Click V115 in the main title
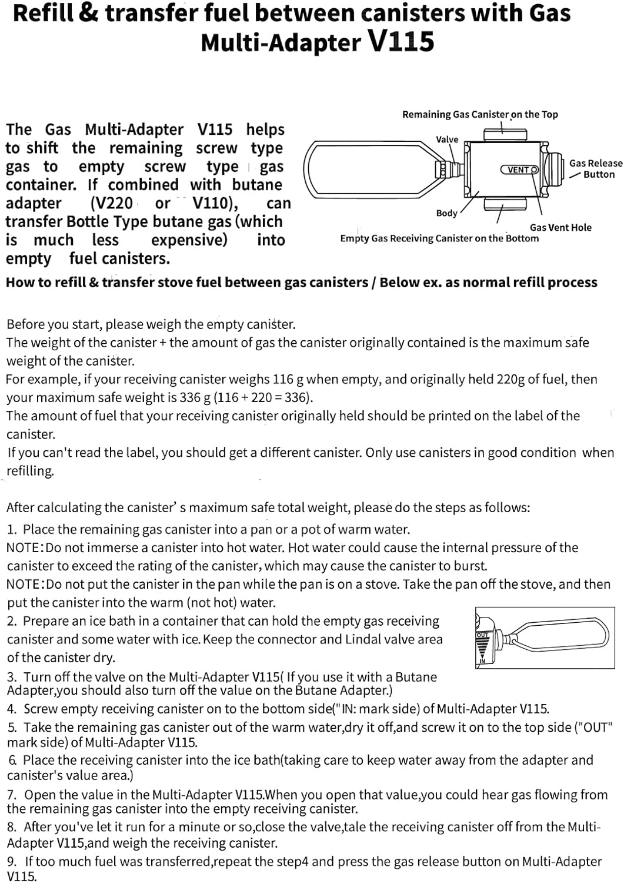pyautogui.click(x=401, y=42)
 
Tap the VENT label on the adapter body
pyautogui.click(x=519, y=170)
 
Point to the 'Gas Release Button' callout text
pyautogui.click(x=595, y=168)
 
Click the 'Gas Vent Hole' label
pyautogui.click(x=560, y=227)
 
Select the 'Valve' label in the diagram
pyautogui.click(x=447, y=140)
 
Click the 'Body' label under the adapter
pyautogui.click(x=446, y=213)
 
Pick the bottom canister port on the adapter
pyautogui.click(x=505, y=204)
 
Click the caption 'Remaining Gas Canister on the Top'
pyautogui.click(x=480, y=114)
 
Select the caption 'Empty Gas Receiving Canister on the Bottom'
pyautogui.click(x=439, y=238)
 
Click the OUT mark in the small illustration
pyautogui.click(x=482, y=635)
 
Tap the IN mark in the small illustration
pyautogui.click(x=482, y=661)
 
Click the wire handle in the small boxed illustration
pyautogui.click(x=559, y=637)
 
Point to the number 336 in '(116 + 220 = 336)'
pyautogui.click(x=296, y=397)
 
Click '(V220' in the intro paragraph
pyautogui.click(x=111, y=203)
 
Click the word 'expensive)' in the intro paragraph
pyautogui.click(x=189, y=240)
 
